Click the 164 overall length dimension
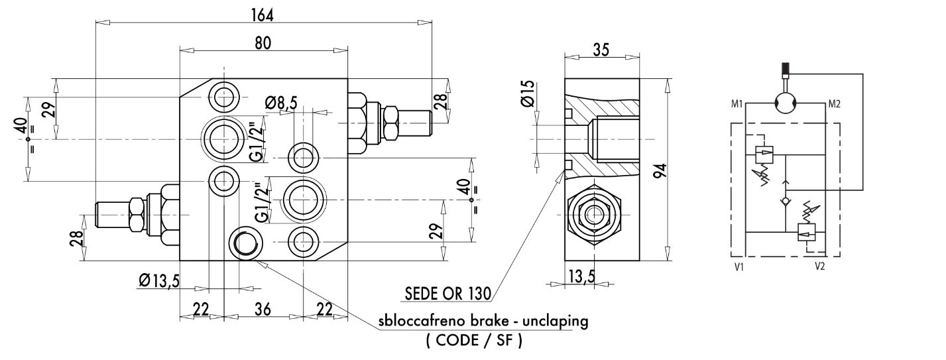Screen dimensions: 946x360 pyautogui.click(x=263, y=15)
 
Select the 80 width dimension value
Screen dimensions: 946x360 pyautogui.click(x=263, y=43)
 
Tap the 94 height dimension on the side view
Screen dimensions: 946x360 pyautogui.click(x=662, y=170)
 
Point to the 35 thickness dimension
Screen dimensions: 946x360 pyautogui.click(x=601, y=50)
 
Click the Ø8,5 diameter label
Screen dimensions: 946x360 pyautogui.click(x=281, y=103)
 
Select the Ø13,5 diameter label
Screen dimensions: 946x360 pyautogui.click(x=159, y=280)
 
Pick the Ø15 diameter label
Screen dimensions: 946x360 pyautogui.click(x=528, y=93)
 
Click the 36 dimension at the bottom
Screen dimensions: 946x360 pyautogui.click(x=263, y=310)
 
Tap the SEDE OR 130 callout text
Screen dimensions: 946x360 pyautogui.click(x=447, y=293)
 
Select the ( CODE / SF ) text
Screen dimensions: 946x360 pyautogui.click(x=474, y=340)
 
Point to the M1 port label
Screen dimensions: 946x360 pyautogui.click(x=737, y=104)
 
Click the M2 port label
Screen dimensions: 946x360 pyautogui.click(x=834, y=104)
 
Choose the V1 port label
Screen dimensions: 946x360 pyautogui.click(x=739, y=267)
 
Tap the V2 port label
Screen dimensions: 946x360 pyautogui.click(x=819, y=267)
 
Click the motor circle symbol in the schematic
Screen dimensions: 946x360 pyautogui.click(x=786, y=103)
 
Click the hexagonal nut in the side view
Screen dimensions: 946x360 pyautogui.click(x=594, y=215)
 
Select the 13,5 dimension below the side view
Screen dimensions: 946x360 pyautogui.click(x=581, y=276)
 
